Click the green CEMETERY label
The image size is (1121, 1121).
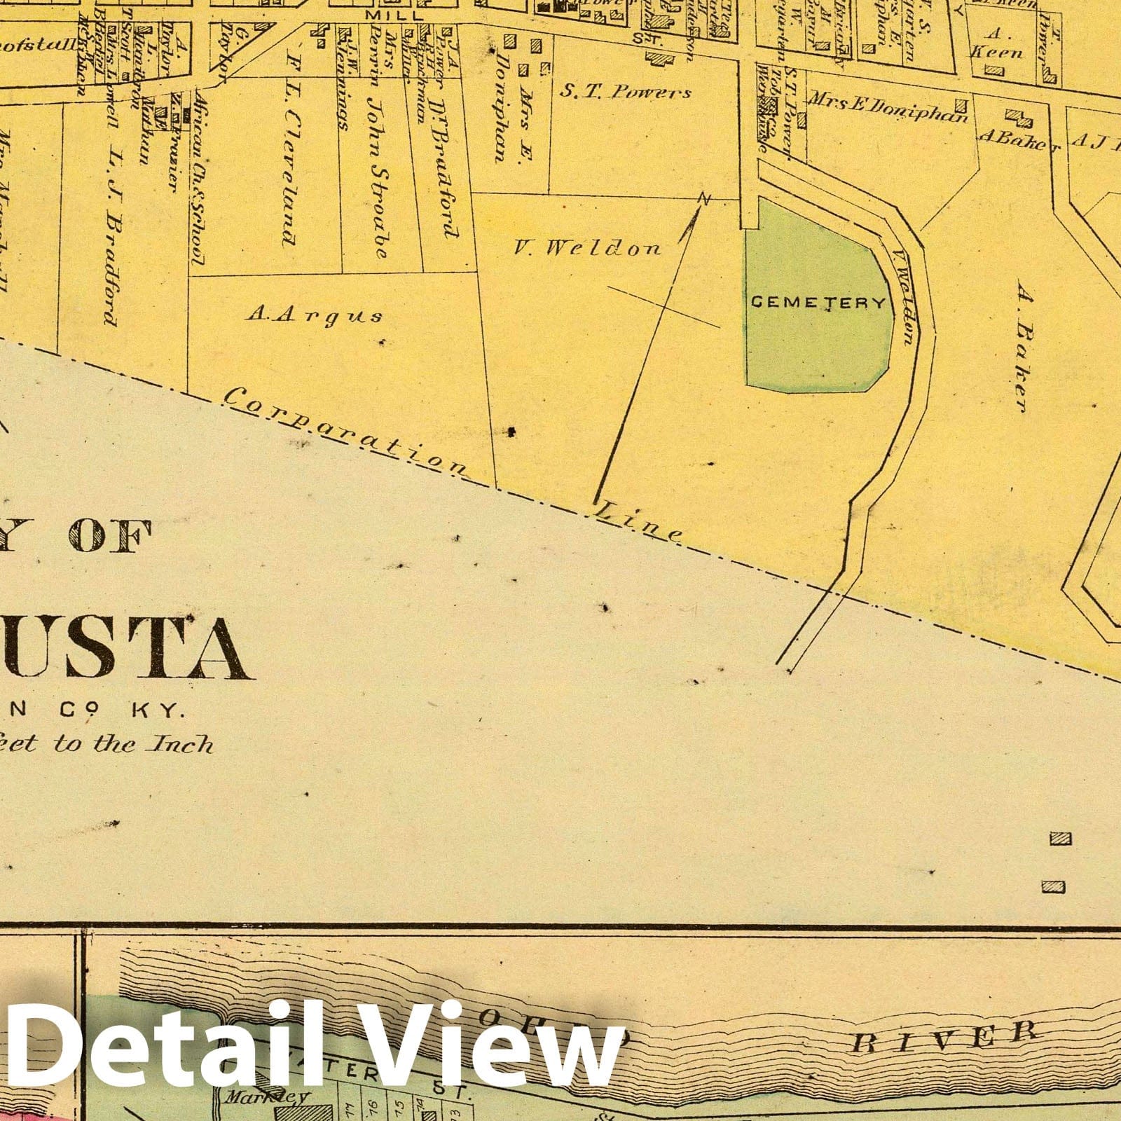coord(818,303)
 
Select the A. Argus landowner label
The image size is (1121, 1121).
coord(315,315)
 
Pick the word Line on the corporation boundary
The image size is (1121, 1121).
coord(638,523)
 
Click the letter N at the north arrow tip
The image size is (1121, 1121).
coord(704,200)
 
